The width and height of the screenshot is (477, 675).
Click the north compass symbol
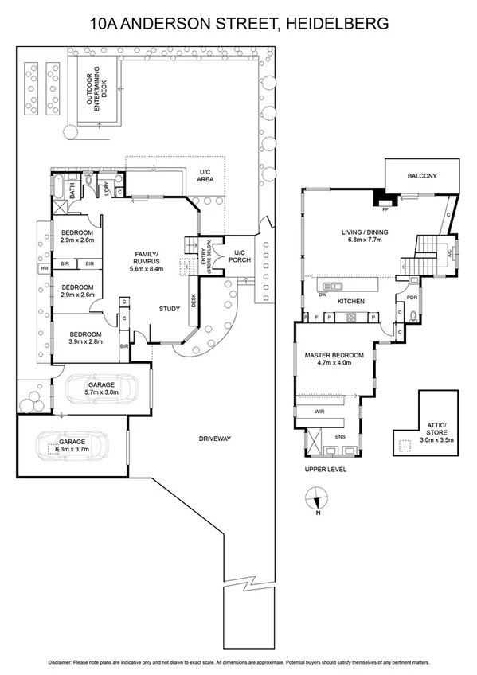point(317,499)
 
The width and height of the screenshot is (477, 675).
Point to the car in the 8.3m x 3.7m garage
point(73,445)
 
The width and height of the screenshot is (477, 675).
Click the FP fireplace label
point(385,209)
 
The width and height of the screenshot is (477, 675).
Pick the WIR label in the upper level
point(319,412)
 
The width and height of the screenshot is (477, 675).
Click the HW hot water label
point(44,269)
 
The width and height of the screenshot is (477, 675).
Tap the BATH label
point(72,191)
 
